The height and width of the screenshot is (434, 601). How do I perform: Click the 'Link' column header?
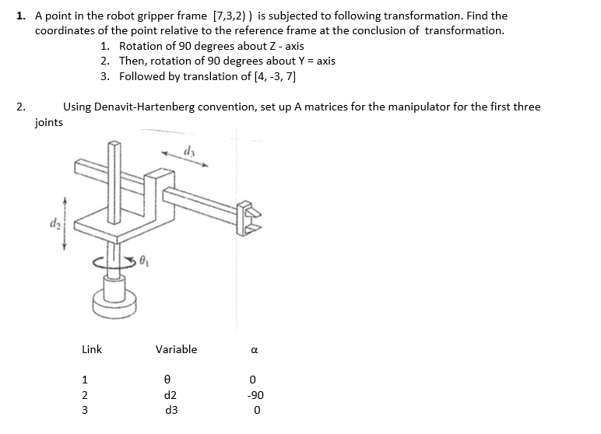point(92,349)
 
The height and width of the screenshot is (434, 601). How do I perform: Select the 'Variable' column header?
point(176,349)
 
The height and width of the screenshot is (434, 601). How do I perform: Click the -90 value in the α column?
point(257,395)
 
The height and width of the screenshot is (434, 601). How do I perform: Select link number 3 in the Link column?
point(85,410)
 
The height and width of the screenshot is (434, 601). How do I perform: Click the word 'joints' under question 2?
point(49,122)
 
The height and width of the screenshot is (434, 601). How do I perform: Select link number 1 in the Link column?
point(85,380)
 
